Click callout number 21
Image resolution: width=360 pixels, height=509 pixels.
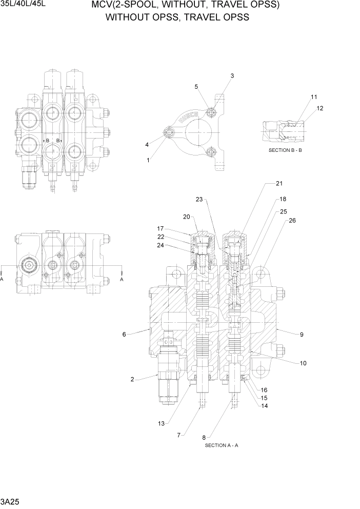coord(279,183)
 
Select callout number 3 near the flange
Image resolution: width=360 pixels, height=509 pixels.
coord(232,76)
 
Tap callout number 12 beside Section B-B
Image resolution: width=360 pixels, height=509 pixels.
coord(320,108)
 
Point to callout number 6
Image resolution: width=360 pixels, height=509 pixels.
coord(124,334)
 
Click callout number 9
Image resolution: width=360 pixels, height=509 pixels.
coord(302,334)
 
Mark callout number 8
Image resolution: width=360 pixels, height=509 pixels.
coord(204,437)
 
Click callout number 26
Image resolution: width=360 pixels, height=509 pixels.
coord(292,221)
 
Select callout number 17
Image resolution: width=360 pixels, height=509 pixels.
coord(160,228)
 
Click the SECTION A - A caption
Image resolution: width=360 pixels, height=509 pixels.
coord(221,445)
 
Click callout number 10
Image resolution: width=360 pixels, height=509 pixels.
coord(303,363)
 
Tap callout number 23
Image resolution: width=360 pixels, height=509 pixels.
coord(199,199)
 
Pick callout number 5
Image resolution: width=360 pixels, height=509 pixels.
coord(196,87)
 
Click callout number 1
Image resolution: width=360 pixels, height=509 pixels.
coord(148,160)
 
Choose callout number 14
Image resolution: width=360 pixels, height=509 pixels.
coord(265,406)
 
